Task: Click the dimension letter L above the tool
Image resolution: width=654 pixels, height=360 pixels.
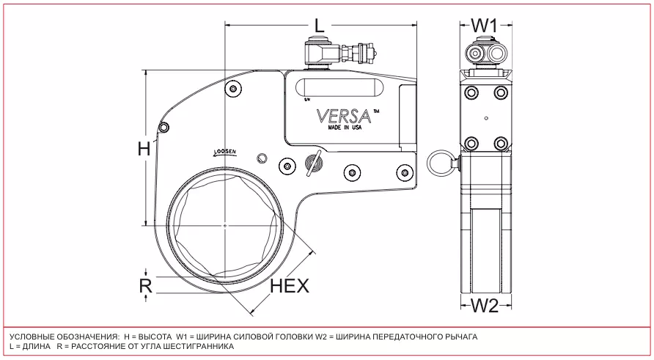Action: pos(319,24)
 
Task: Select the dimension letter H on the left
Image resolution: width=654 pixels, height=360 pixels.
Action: pos(144,149)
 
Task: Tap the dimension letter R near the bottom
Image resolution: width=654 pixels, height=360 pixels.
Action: pos(145,285)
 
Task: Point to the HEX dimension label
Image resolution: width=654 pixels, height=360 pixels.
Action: pos(290,286)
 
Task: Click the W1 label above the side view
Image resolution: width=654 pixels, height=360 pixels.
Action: pos(484,24)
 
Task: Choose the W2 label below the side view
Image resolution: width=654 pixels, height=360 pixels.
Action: pos(484,306)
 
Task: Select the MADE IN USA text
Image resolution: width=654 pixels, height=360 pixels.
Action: pos(345,129)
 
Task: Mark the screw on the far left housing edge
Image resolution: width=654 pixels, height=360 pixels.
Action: pos(164,128)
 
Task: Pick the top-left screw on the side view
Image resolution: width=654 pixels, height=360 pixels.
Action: pos(470,93)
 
